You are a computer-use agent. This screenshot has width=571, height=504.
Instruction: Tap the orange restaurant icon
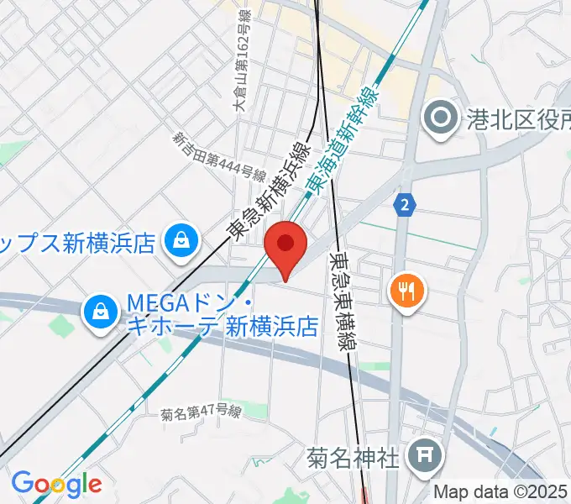(x=407, y=291)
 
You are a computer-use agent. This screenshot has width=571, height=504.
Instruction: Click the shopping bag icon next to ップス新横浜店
(x=181, y=243)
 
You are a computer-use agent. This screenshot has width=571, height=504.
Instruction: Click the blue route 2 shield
(x=406, y=204)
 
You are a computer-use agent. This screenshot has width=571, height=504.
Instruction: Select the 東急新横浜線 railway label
(x=270, y=192)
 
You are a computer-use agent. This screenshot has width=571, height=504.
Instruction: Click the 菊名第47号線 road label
(x=201, y=413)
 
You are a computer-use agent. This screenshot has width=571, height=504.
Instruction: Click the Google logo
(x=56, y=484)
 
